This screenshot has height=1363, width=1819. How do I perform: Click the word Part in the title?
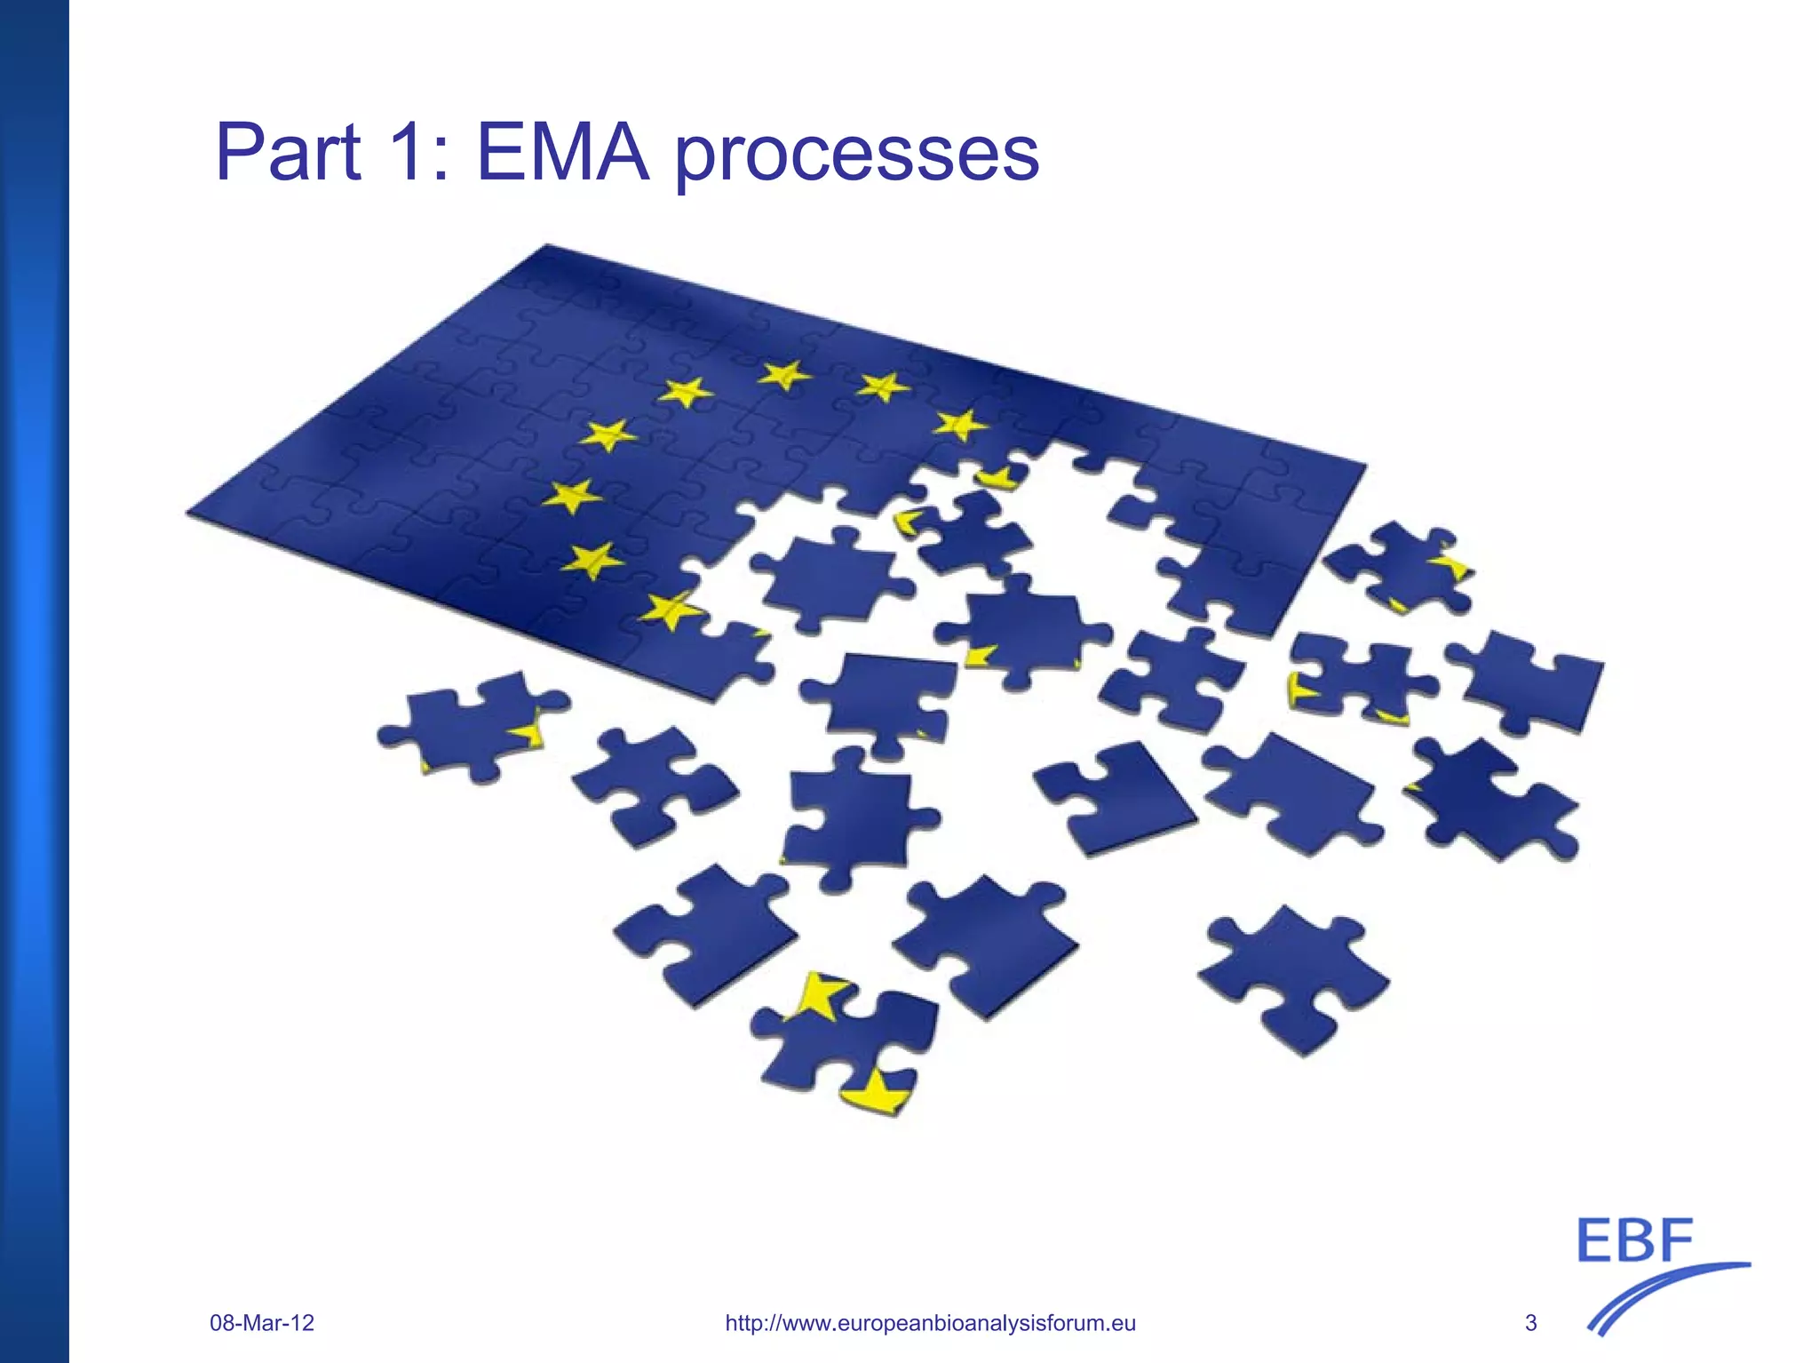288,153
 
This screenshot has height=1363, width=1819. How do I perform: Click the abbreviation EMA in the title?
562,153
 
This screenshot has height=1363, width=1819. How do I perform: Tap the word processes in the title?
857,156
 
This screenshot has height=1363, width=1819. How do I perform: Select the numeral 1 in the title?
407,153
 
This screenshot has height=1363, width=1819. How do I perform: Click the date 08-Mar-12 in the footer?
262,1323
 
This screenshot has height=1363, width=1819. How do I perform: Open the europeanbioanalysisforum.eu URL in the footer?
930,1323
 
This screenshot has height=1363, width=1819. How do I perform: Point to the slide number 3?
1530,1323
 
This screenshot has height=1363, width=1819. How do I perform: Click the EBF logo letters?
1635,1241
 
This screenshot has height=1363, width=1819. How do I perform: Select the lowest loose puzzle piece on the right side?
1292,977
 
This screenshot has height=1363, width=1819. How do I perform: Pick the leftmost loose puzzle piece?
471,724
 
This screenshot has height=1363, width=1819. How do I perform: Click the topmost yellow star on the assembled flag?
783,375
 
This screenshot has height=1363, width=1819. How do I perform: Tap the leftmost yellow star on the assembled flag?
570,496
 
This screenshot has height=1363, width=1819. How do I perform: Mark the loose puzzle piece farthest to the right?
1532,680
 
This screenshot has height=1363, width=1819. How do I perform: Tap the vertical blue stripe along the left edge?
34,681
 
